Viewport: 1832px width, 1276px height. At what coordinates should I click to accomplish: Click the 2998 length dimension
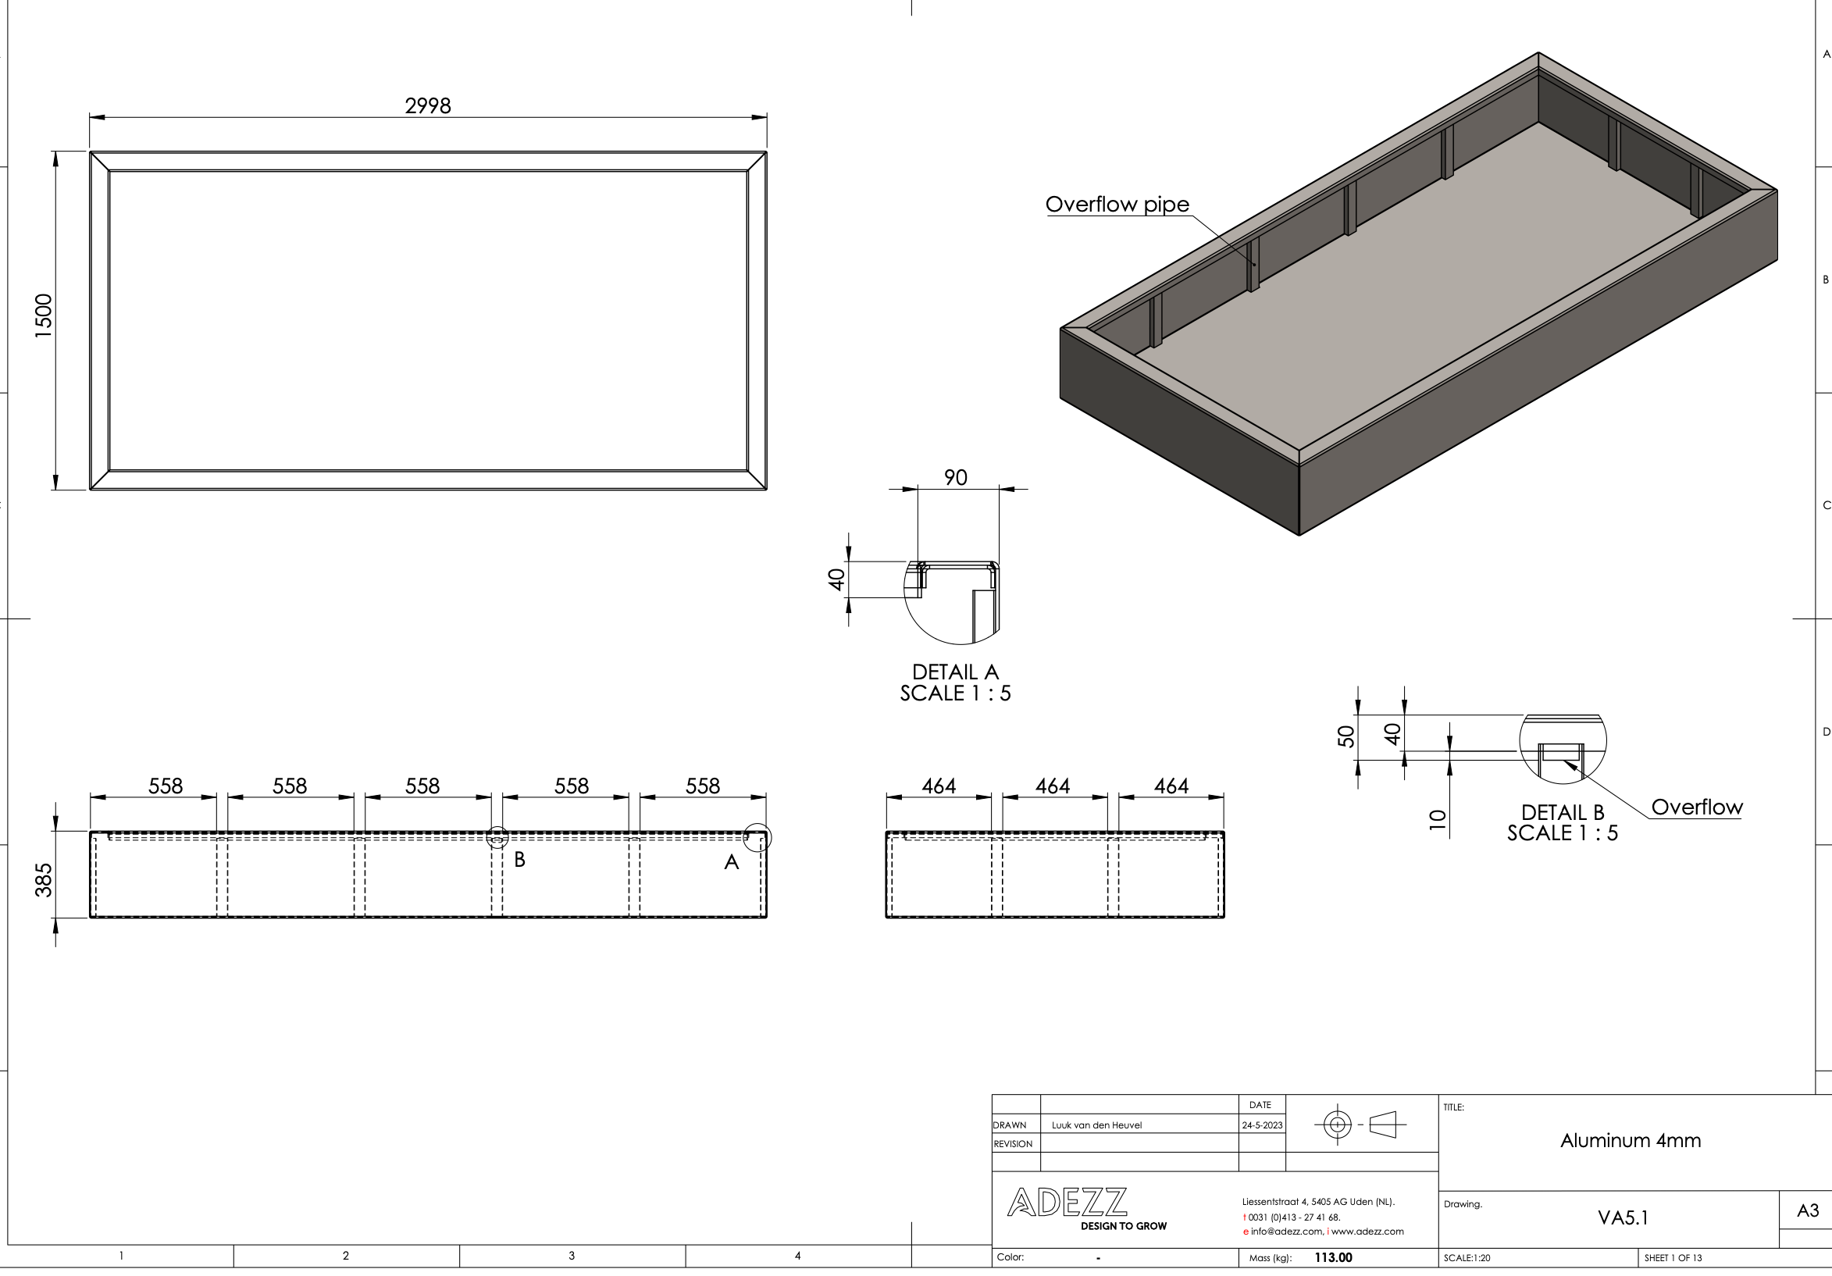click(428, 105)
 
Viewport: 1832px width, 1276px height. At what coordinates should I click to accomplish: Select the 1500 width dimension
click(43, 316)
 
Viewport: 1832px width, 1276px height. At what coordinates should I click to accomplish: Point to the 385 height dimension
click(43, 879)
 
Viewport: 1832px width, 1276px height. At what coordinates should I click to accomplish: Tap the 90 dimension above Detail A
click(955, 477)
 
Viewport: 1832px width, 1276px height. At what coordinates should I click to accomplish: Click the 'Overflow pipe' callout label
click(1117, 205)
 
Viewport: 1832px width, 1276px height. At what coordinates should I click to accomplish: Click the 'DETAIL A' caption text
click(955, 672)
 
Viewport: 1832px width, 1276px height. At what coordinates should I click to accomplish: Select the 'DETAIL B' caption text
click(1563, 812)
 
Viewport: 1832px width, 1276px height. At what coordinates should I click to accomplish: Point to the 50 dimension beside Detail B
click(1346, 736)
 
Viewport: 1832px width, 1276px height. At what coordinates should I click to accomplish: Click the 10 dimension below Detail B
click(1437, 819)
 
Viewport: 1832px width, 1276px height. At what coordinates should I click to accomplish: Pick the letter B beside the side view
click(519, 860)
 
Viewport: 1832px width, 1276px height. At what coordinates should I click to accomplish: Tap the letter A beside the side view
click(731, 862)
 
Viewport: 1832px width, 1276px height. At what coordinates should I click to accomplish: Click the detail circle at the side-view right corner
click(757, 838)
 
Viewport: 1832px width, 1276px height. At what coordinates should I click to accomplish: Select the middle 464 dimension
click(1053, 786)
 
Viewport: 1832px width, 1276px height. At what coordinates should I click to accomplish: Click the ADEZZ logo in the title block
click(1067, 1203)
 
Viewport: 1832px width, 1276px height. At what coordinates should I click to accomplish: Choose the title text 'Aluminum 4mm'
click(1630, 1140)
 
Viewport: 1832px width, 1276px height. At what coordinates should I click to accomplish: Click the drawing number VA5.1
click(1623, 1217)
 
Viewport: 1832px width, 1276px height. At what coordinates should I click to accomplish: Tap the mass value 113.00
click(1333, 1257)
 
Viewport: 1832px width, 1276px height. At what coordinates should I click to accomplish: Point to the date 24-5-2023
click(1261, 1125)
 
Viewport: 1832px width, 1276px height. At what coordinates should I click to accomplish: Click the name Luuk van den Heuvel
click(1096, 1125)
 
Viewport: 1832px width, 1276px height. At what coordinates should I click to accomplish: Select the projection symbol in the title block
click(1360, 1125)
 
